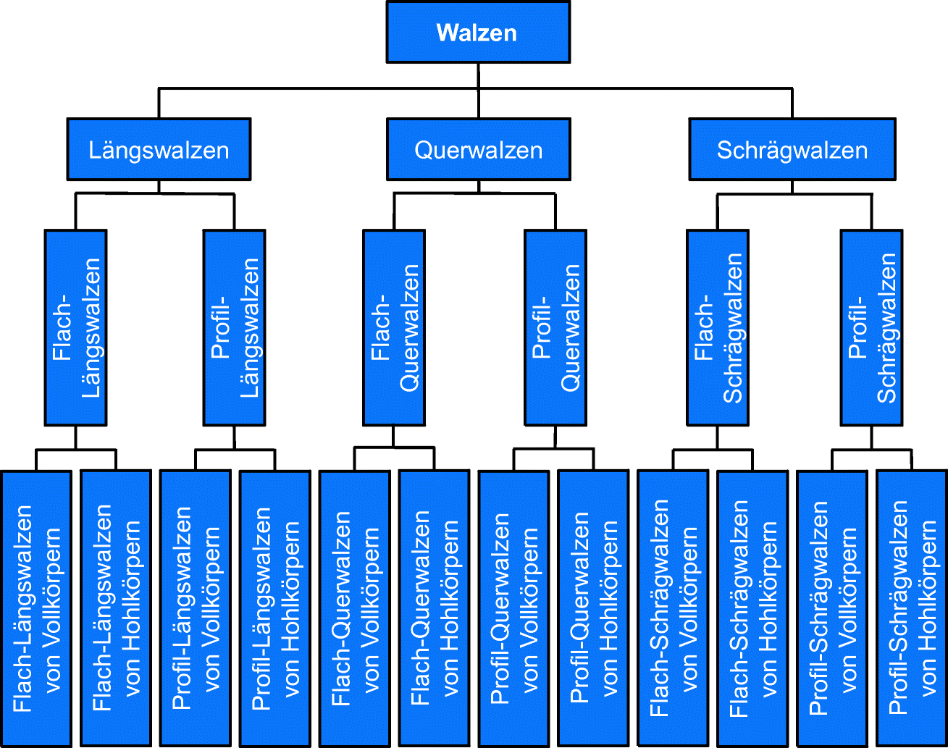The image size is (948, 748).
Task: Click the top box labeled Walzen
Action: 478,33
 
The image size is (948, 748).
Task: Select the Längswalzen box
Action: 159,150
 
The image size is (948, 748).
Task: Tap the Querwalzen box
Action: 478,150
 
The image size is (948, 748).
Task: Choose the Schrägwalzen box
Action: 792,150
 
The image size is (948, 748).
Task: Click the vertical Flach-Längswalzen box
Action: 75,327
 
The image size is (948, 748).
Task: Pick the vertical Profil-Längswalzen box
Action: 234,327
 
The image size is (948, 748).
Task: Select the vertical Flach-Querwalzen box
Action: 394,327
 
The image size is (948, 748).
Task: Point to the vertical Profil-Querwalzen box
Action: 555,327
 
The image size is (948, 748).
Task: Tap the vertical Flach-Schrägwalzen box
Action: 718,327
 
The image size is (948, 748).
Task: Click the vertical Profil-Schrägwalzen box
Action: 871,327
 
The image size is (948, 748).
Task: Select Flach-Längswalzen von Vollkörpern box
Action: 36,608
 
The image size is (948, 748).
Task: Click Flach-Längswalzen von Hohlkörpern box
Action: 116,608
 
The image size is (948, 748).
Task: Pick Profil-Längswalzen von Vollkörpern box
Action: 196,608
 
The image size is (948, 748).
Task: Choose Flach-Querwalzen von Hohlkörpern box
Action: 435,608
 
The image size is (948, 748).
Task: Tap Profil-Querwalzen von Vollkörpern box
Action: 514,608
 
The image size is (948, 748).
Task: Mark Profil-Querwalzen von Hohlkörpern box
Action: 594,608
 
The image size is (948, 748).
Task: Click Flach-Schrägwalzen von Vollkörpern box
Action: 674,608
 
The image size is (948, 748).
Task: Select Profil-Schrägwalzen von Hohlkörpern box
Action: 912,608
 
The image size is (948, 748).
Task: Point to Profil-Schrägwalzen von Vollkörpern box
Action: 832,608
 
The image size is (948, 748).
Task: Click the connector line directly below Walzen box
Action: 478,75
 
